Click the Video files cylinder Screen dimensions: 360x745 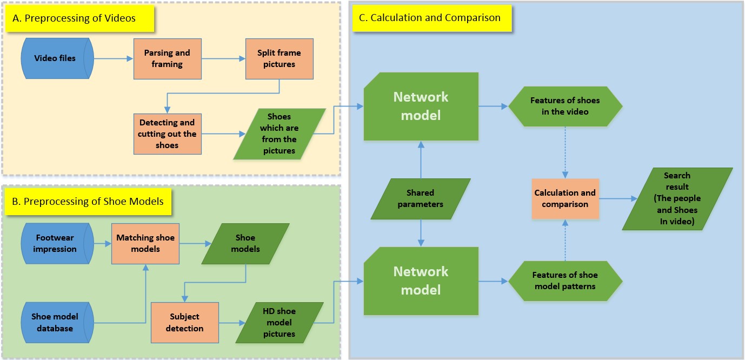point(57,58)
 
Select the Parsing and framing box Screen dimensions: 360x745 point(167,58)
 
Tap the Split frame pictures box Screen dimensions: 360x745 point(279,58)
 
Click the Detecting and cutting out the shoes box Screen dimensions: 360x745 point(167,134)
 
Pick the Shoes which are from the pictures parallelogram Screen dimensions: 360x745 point(279,134)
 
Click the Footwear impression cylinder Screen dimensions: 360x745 point(57,243)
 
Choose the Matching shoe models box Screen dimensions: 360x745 point(146,243)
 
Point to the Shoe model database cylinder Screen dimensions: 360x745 point(57,322)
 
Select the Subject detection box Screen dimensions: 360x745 point(184,323)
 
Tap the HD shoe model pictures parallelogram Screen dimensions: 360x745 point(279,323)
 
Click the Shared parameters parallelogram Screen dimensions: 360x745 point(420,198)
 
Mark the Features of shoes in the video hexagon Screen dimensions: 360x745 point(565,106)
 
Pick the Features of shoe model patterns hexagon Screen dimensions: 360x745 point(565,281)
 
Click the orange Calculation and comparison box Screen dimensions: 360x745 point(565,198)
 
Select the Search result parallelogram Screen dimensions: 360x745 point(677,198)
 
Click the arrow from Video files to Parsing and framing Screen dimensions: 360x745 point(114,58)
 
